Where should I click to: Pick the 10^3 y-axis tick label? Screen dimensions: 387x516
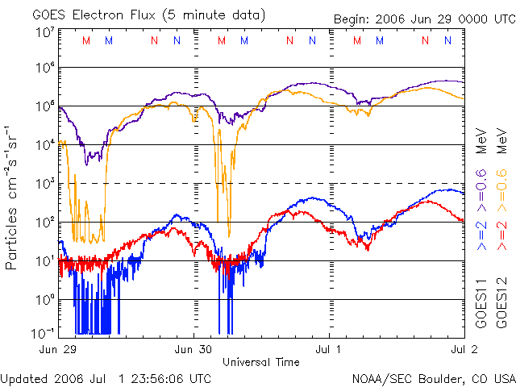click(44, 183)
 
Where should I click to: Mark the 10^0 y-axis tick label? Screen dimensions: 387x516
click(44, 299)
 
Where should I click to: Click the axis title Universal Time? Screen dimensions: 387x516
click(261, 362)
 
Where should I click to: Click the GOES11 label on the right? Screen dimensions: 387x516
click(481, 306)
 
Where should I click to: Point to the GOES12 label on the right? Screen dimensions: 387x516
click(501, 306)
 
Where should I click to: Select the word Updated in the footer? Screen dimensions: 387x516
click(23, 377)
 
